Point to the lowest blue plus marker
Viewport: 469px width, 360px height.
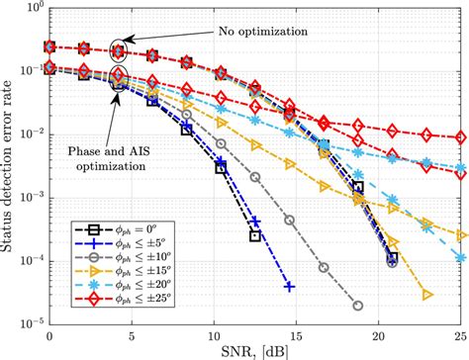(x=289, y=287)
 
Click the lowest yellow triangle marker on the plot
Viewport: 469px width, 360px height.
(x=427, y=294)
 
